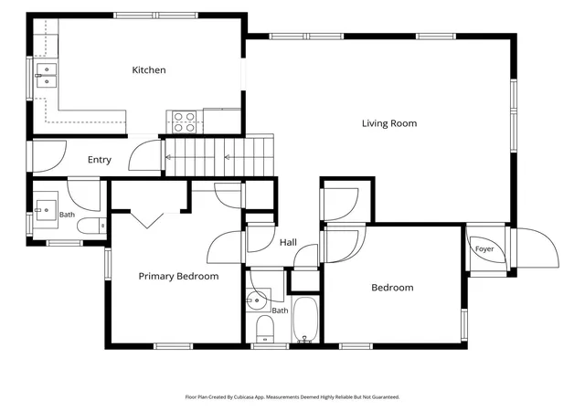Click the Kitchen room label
coord(149,70)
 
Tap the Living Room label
coord(389,123)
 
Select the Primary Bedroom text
coord(178,277)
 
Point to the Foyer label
coord(484,248)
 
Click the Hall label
coord(289,242)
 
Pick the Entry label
coord(100,160)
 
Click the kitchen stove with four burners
coord(185,122)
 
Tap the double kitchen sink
coord(47,75)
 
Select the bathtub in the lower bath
coord(304,320)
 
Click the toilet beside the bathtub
coord(265,329)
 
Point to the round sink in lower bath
coord(257,300)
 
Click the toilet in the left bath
coord(91,226)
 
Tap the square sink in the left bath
coord(47,210)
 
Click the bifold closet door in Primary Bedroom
coord(147,220)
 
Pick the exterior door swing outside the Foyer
coord(537,248)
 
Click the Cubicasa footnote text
coord(292,397)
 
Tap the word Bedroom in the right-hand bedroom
coord(392,288)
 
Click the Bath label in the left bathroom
coord(67,215)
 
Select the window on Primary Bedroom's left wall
coord(108,264)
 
